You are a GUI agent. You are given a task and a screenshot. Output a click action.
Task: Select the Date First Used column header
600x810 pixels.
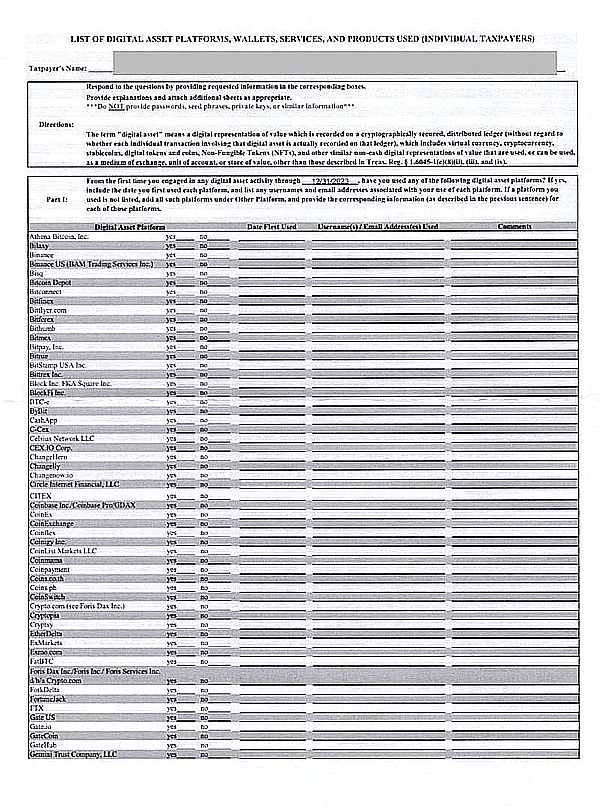(x=272, y=227)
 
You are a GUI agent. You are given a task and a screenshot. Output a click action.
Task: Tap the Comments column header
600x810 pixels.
(x=514, y=227)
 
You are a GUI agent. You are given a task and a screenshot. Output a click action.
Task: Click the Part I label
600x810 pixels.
(x=58, y=199)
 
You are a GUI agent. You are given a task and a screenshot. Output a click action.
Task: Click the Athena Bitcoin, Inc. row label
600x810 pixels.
(x=62, y=236)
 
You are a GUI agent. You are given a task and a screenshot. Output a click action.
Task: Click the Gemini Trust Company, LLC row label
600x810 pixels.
(x=74, y=754)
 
